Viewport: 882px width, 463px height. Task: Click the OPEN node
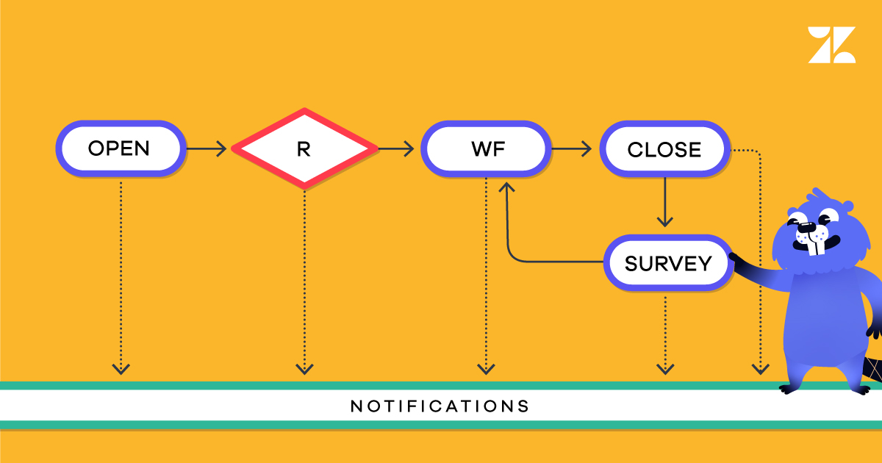tap(118, 149)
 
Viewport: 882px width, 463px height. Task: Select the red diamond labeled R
tap(304, 149)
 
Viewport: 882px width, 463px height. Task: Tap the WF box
tap(486, 149)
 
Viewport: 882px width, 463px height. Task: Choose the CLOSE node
tap(664, 150)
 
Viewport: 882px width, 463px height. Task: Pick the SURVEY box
tap(667, 263)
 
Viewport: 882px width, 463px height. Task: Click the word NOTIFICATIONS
tap(440, 406)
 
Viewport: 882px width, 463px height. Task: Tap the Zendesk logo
tap(831, 45)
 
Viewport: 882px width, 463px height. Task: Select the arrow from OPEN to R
tap(207, 149)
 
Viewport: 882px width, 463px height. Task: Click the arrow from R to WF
tap(397, 149)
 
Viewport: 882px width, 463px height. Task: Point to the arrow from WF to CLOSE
tap(572, 149)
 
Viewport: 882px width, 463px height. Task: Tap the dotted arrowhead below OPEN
tap(121, 367)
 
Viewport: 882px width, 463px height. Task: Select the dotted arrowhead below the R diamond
tap(304, 367)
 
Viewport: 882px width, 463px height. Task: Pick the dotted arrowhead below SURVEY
tap(665, 367)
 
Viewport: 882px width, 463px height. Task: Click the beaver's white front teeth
tap(814, 245)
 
